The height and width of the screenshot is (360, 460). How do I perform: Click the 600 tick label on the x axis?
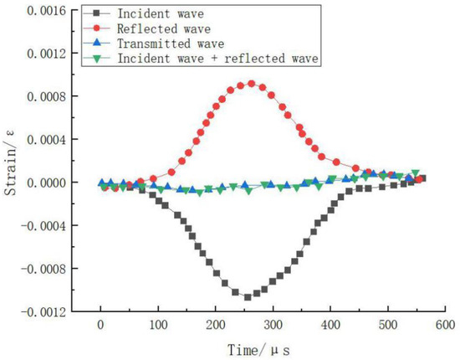click(445, 325)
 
